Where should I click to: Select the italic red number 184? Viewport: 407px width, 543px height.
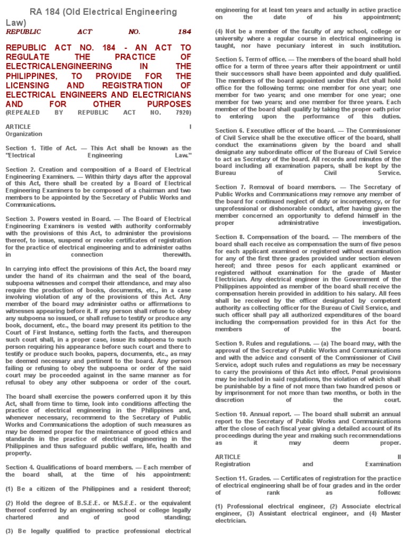pos(184,32)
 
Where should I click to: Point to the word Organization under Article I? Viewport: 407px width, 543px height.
pos(24,134)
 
